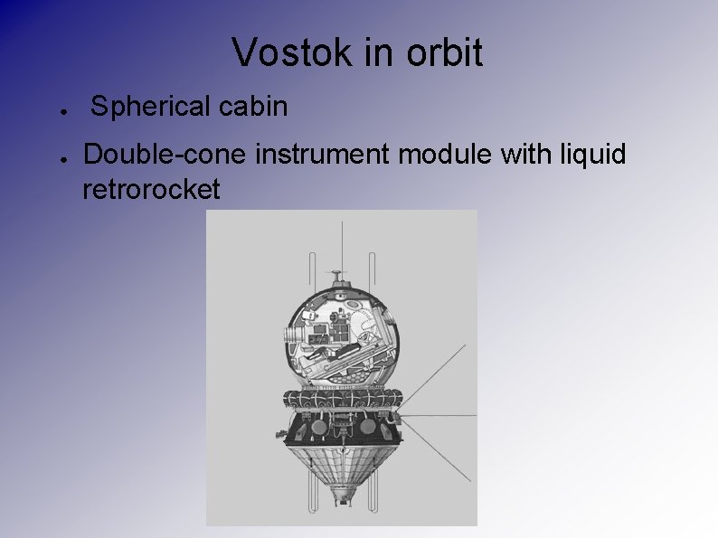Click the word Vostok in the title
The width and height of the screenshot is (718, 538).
coord(284,52)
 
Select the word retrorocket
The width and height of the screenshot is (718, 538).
coord(150,190)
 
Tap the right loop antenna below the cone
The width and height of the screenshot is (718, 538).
coord(373,493)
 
